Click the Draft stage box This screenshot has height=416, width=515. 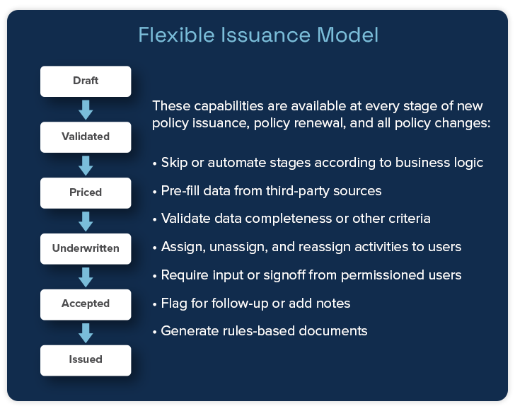[86, 81]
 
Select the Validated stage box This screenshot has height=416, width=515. [86, 137]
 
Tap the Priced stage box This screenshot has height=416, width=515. [86, 193]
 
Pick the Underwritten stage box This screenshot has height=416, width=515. [86, 249]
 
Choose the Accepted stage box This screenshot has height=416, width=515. [86, 305]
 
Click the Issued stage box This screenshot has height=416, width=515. [86, 361]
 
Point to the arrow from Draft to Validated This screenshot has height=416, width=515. [86, 110]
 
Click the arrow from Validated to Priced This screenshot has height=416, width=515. [86, 166]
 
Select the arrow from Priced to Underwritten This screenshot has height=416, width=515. [86, 221]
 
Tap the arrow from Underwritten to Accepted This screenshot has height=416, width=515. [86, 277]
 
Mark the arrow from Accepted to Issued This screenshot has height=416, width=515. [86, 333]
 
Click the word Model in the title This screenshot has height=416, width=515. [348, 35]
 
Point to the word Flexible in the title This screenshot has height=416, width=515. [176, 35]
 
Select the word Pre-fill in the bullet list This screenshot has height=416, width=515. [180, 191]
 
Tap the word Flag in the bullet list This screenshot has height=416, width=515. [174, 304]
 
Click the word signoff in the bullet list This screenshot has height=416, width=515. [284, 275]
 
